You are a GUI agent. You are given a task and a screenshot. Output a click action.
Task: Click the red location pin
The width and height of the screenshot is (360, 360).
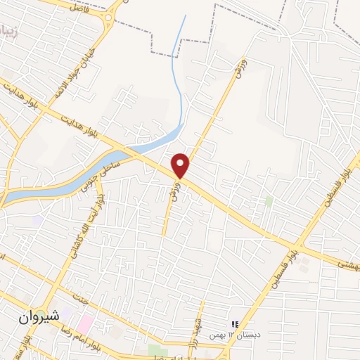pos(181,165)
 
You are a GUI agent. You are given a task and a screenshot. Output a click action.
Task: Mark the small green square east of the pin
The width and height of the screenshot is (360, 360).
pos(269,201)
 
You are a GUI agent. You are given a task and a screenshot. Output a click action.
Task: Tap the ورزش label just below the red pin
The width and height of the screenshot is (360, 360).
pos(174,189)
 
